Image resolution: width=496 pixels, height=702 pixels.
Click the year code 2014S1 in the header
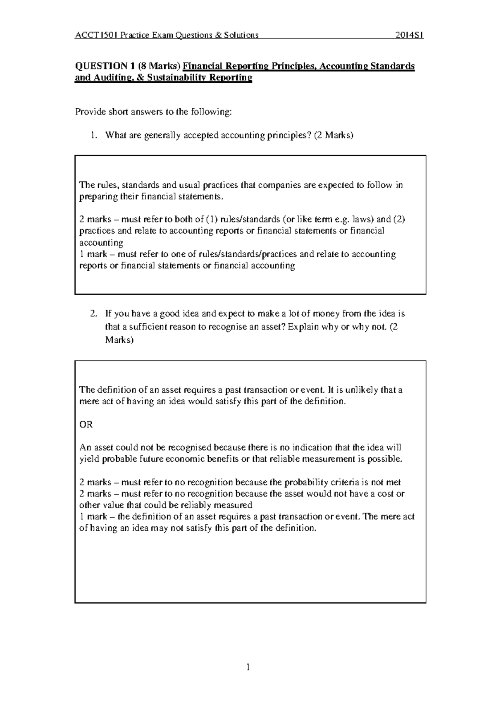pyautogui.click(x=409, y=35)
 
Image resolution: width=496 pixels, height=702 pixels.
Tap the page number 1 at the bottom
pyautogui.click(x=248, y=666)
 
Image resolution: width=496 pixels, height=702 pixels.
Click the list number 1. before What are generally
pyautogui.click(x=95, y=135)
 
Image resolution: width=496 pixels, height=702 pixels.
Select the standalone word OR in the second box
pyautogui.click(x=86, y=424)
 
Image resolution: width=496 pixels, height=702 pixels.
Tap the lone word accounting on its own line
pyautogui.click(x=101, y=243)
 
